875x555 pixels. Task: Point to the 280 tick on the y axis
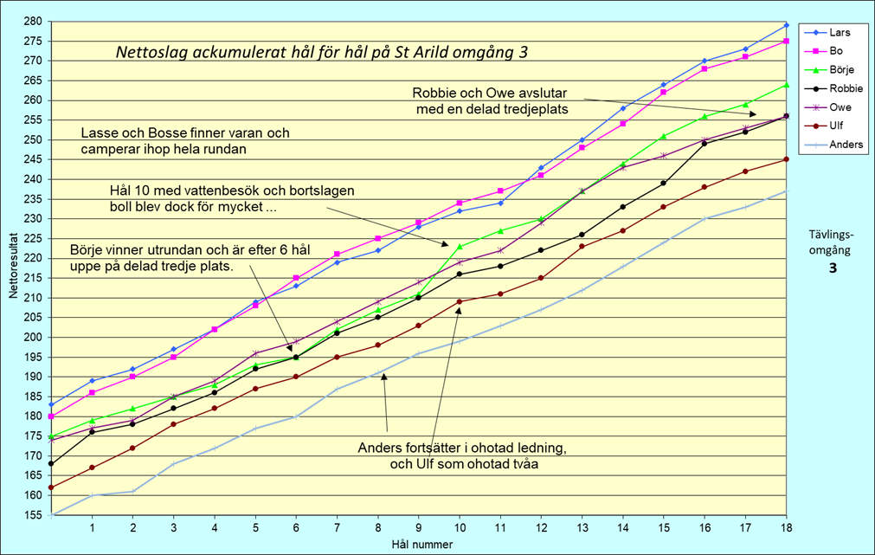pos(31,21)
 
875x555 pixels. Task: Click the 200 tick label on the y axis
pos(31,337)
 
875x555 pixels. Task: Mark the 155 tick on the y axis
pos(31,515)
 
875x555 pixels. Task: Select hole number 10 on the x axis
pos(459,527)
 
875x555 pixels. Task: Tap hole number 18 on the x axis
pos(786,527)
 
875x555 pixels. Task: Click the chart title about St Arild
pos(321,52)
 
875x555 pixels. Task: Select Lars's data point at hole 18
pos(786,25)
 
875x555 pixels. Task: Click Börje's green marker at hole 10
pos(459,247)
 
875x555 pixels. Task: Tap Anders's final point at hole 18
pos(786,191)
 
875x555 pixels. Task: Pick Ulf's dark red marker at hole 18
pos(786,159)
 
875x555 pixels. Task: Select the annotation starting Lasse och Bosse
pos(185,141)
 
